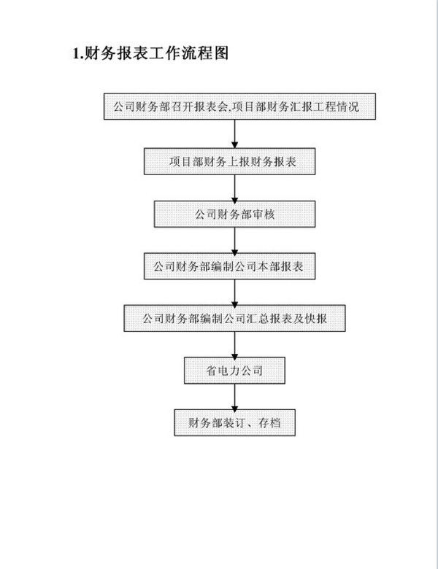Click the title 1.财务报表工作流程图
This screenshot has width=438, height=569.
150,53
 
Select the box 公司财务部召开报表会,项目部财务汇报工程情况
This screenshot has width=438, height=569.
239,107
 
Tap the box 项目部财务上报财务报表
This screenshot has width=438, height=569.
229,161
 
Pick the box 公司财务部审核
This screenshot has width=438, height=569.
234,214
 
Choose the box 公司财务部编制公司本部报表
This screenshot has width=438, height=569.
229,266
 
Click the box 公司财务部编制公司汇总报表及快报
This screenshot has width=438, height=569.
234,318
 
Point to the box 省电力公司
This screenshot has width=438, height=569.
234,371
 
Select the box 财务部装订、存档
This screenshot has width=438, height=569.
234,423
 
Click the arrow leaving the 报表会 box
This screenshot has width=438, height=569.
234,134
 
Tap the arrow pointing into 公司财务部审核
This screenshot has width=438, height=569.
234,188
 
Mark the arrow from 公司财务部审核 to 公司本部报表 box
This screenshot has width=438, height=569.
234,240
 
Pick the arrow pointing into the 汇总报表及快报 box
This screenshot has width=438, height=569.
234,292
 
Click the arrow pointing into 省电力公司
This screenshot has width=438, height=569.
234,344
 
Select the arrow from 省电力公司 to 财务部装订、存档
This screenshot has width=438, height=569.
234,397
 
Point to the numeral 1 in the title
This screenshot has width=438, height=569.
75,54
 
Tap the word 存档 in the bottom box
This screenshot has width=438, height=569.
269,423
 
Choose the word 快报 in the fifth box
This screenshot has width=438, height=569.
316,319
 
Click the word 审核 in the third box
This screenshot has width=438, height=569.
264,214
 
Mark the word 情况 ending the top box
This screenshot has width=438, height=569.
347,107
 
